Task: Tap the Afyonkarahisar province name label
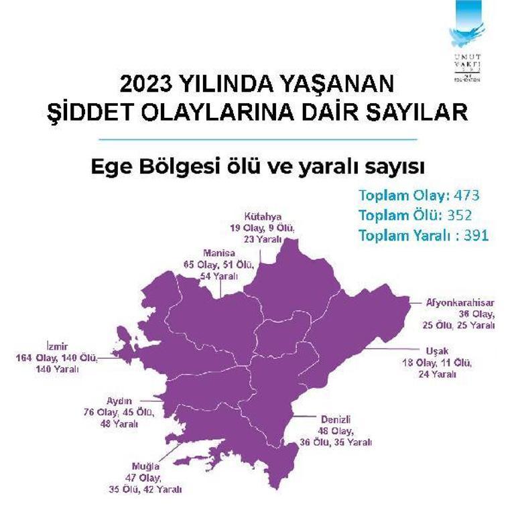460,302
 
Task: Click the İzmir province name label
58,347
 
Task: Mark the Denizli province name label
330,420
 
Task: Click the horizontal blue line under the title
258,139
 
